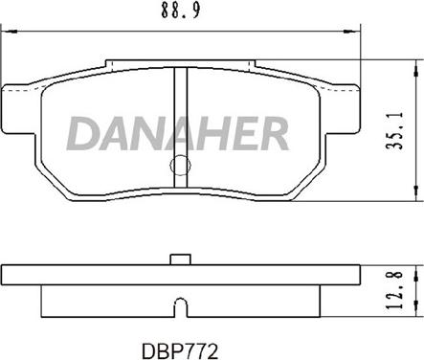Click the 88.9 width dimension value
point(181,11)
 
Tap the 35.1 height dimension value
point(395,130)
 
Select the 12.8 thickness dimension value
point(395,290)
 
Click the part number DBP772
point(180,351)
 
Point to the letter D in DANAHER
point(82,133)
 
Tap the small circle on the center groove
point(180,165)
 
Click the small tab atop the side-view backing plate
point(181,259)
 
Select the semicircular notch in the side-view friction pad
point(181,303)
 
